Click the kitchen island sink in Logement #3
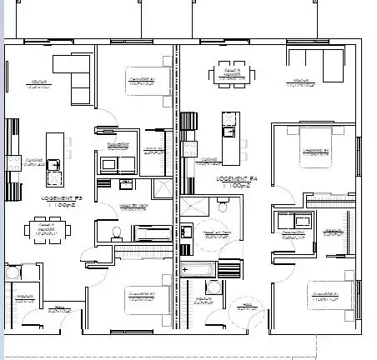pyautogui.click(x=53, y=165)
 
